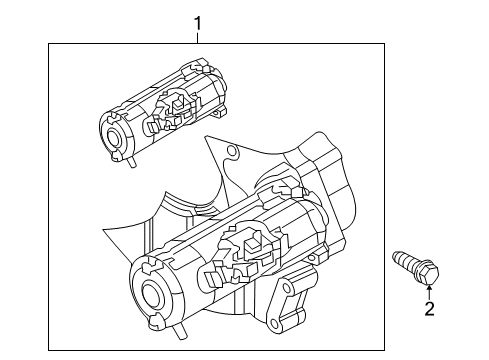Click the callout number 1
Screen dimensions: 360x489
coord(197,21)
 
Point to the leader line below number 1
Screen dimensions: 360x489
coord(197,37)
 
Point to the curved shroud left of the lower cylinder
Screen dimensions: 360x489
coord(145,235)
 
